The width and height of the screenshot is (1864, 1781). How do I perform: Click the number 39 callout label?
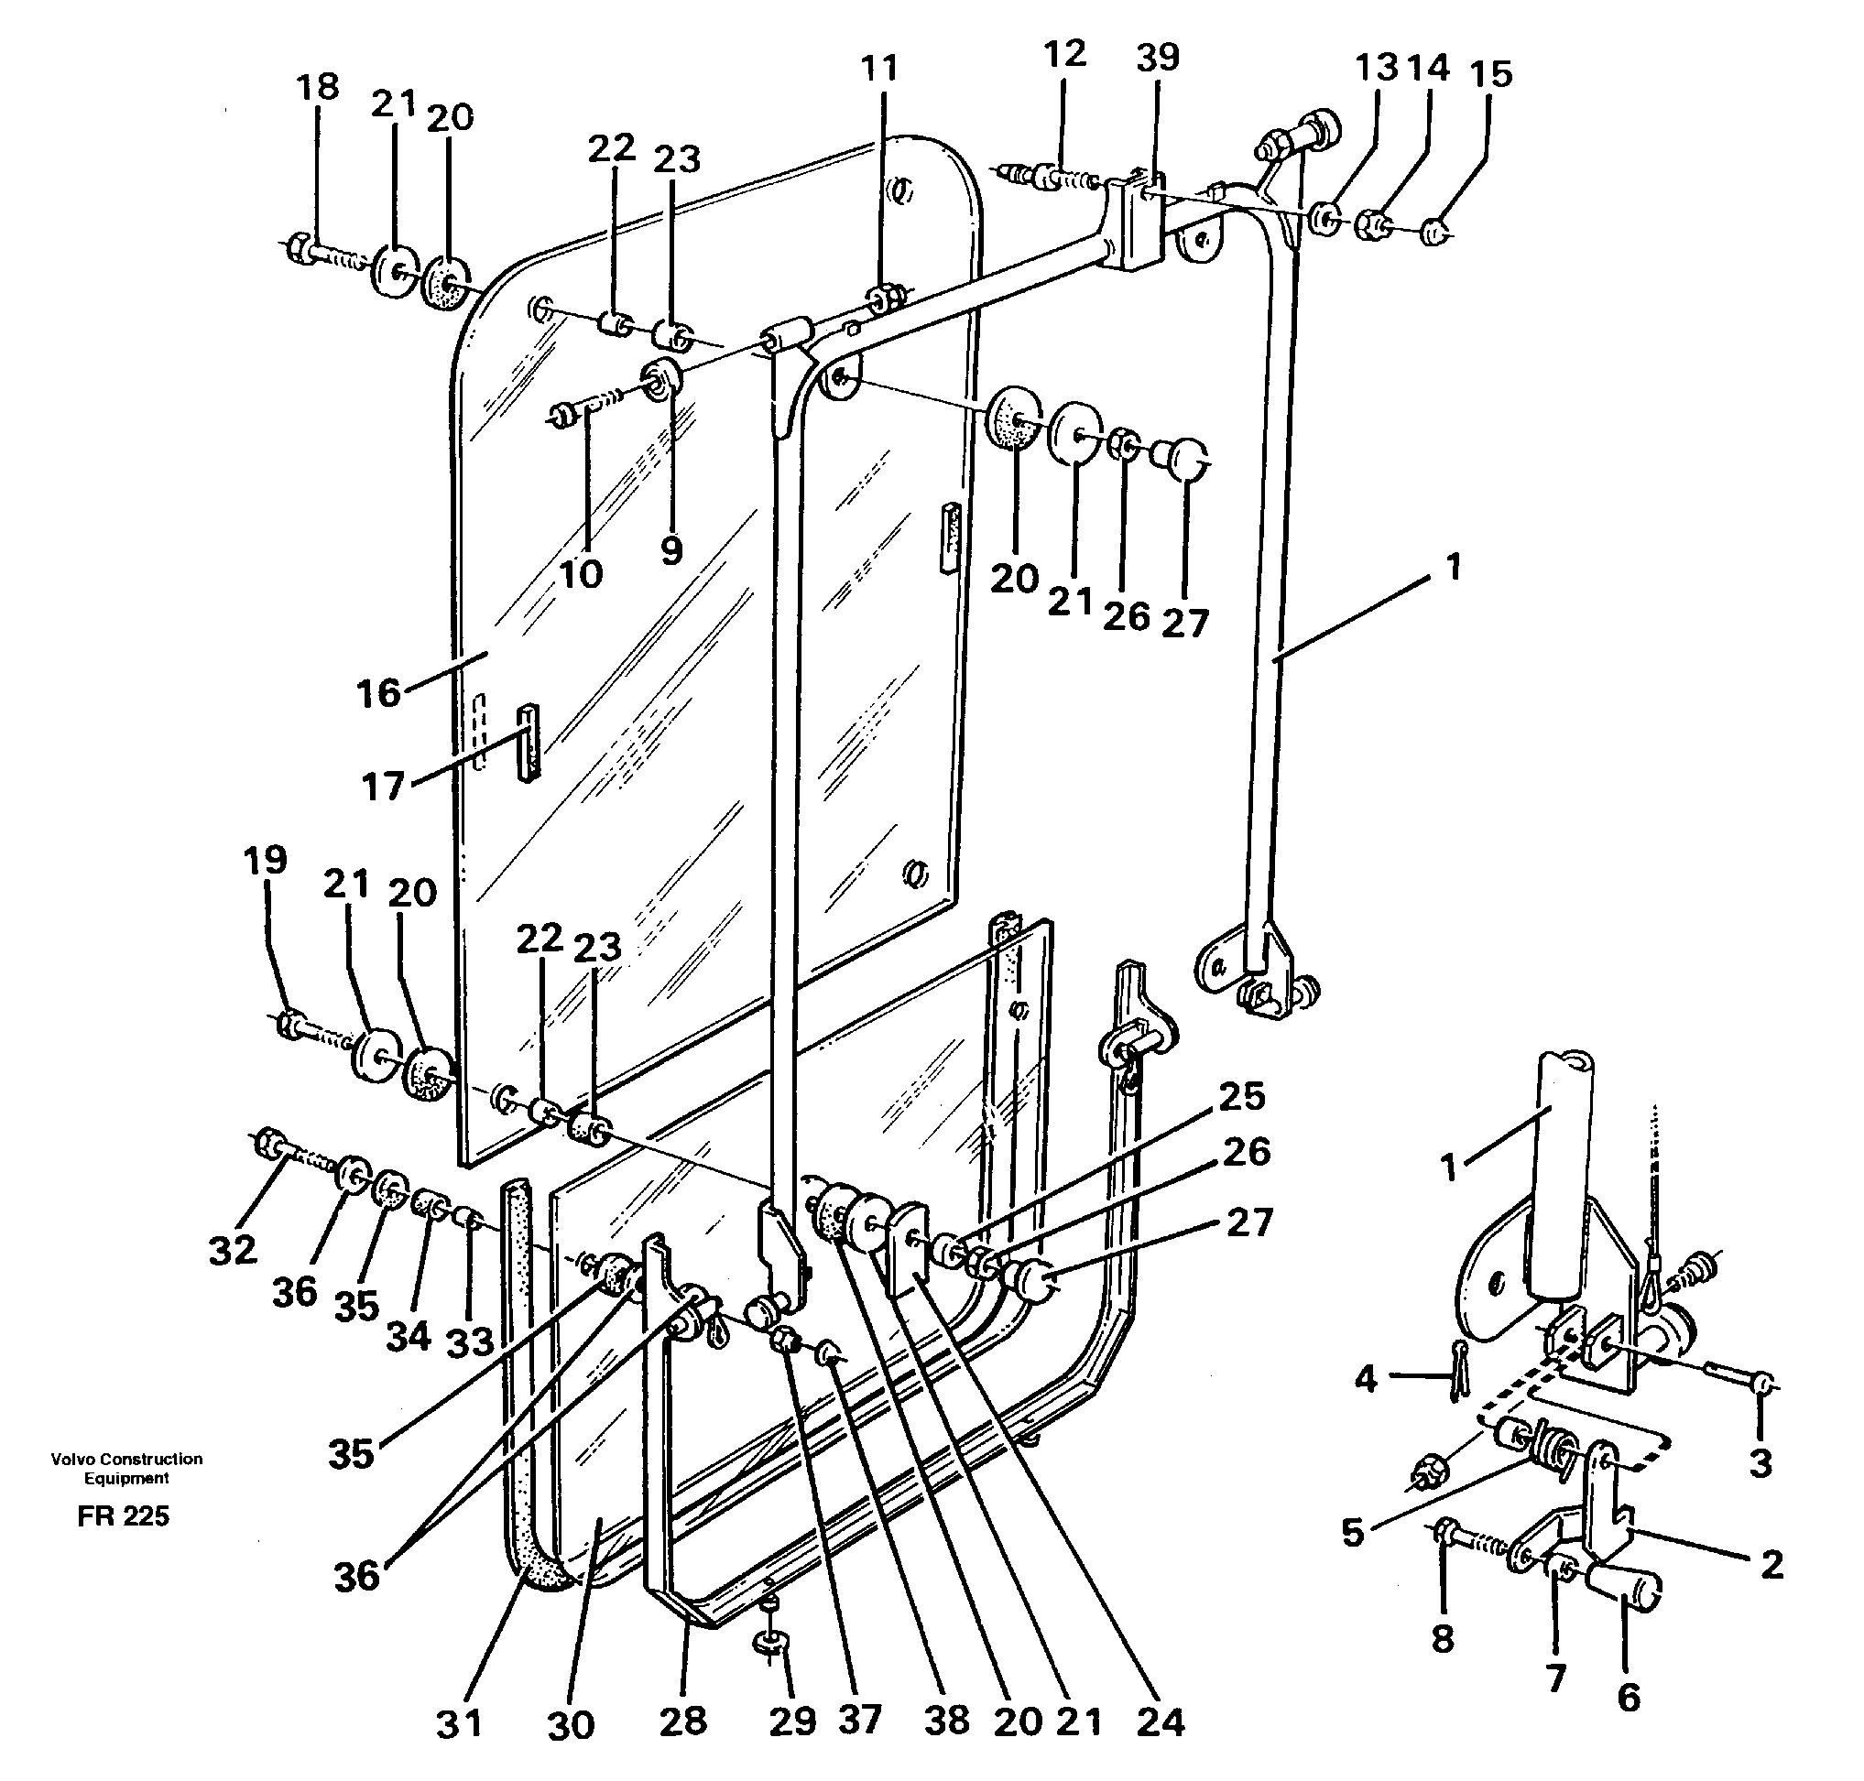[1157, 58]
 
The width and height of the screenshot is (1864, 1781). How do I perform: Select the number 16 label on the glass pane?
[378, 694]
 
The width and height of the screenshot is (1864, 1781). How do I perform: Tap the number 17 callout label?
[383, 787]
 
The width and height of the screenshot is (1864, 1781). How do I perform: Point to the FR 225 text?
[124, 1516]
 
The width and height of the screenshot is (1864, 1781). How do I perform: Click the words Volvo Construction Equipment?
[126, 1468]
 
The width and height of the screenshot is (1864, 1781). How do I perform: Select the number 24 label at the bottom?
[1161, 1722]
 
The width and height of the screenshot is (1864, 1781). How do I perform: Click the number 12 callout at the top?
[1063, 54]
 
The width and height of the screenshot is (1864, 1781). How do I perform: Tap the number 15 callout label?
[1490, 74]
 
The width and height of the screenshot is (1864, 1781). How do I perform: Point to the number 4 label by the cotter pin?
[1366, 1378]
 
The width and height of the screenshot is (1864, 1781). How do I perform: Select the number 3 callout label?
[1760, 1464]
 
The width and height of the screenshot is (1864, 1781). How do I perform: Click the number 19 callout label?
[265, 860]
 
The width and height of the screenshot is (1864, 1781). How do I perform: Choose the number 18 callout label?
[317, 87]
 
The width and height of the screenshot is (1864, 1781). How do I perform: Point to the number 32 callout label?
[234, 1250]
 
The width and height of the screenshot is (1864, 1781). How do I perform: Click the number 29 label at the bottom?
[793, 1721]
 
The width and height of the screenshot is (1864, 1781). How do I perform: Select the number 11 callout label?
[879, 69]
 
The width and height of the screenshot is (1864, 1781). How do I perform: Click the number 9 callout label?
[671, 550]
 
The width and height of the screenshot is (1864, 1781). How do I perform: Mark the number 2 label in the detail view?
[1771, 1565]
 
